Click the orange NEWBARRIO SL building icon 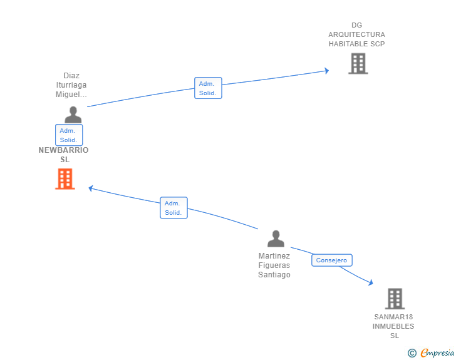pyautogui.click(x=65, y=179)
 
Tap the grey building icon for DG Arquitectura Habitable pyautogui.click(x=358, y=63)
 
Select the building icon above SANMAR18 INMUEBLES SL pyautogui.click(x=395, y=299)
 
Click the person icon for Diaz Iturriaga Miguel pyautogui.click(x=73, y=115)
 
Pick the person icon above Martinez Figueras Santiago pyautogui.click(x=276, y=239)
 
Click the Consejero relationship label pyautogui.click(x=332, y=260)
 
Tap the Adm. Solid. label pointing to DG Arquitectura pyautogui.click(x=208, y=88)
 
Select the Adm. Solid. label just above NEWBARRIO pyautogui.click(x=68, y=135)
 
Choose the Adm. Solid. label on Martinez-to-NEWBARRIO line pyautogui.click(x=174, y=208)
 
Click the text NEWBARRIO pyautogui.click(x=64, y=150)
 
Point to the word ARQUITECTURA pyautogui.click(x=357, y=34)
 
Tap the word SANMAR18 pyautogui.click(x=393, y=317)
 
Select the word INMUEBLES pyautogui.click(x=393, y=326)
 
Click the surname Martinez pyautogui.click(x=274, y=256)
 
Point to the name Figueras pyautogui.click(x=274, y=265)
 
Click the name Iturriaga pyautogui.click(x=71, y=85)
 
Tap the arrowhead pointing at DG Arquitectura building pyautogui.click(x=326, y=71)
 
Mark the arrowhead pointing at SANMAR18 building pyautogui.click(x=371, y=283)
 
